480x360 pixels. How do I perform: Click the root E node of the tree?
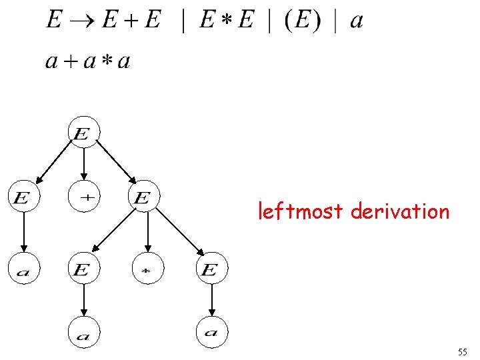click(x=83, y=133)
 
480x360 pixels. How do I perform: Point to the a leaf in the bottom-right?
click(x=211, y=332)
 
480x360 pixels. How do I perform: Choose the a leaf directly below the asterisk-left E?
click(x=83, y=332)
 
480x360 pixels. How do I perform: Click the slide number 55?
click(x=463, y=351)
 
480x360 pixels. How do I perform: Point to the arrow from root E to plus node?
click(x=83, y=163)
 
